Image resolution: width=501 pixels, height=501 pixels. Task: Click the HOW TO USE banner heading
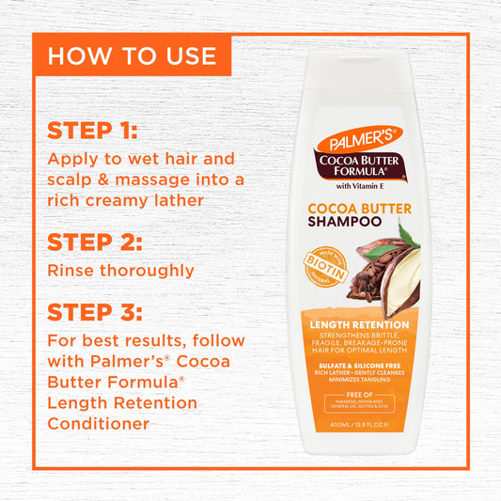(x=132, y=55)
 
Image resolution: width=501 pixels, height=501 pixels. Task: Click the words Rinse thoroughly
(x=120, y=271)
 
